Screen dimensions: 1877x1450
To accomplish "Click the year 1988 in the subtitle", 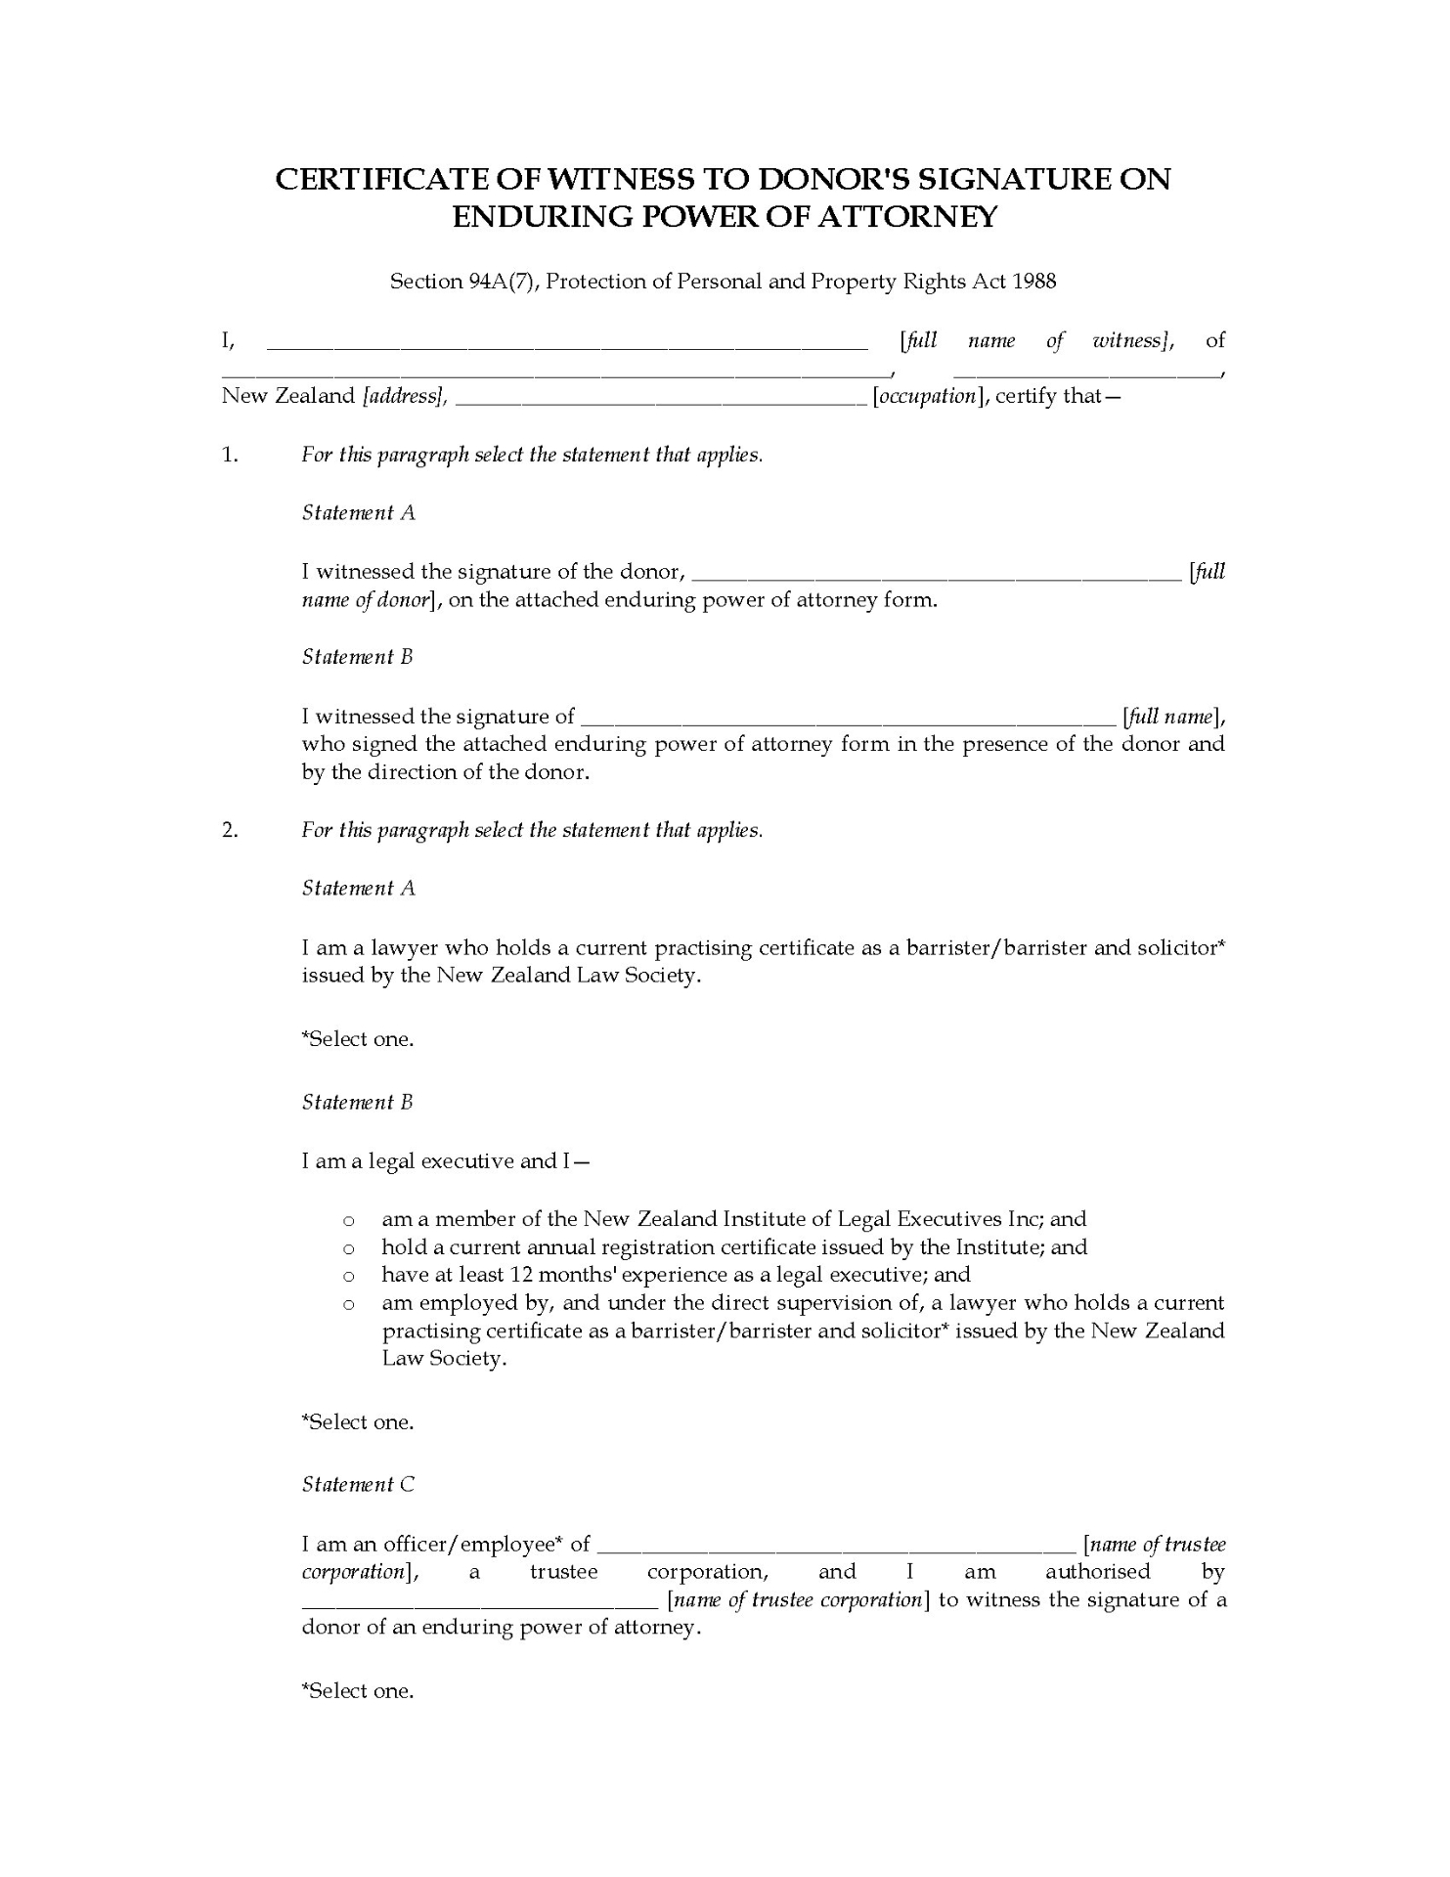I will (1034, 282).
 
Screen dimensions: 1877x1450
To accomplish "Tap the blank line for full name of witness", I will (567, 344).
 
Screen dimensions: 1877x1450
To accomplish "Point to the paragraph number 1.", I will (230, 455).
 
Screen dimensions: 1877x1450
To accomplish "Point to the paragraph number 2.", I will (230, 830).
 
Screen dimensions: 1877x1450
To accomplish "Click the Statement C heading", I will (358, 1484).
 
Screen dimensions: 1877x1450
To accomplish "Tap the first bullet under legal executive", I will (347, 1220).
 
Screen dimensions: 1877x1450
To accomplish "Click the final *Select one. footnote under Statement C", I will (358, 1691).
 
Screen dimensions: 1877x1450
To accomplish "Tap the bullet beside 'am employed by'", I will (347, 1304).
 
